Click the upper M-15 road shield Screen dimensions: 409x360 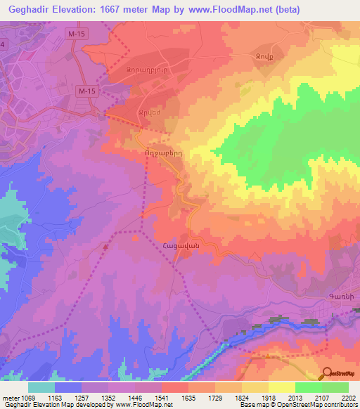point(76,33)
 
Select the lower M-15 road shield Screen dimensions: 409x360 point(86,91)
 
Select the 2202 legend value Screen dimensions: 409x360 point(348,398)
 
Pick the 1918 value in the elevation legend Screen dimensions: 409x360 point(268,398)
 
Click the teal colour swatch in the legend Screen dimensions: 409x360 point(41,387)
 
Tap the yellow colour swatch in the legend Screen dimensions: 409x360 point(281,387)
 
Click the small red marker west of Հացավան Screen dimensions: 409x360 point(105,246)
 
